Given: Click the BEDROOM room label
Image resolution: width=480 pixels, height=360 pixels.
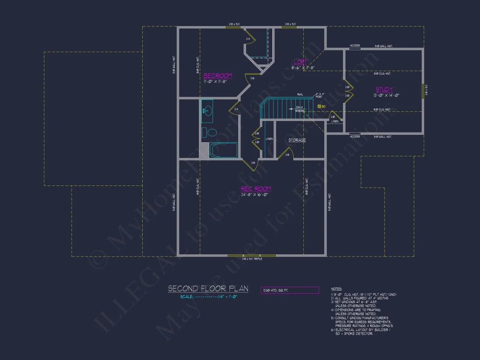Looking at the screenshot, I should (217, 75).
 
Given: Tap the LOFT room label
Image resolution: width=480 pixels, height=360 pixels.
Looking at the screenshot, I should (300, 62).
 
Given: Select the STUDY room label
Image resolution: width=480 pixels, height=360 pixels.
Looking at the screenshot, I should (384, 89).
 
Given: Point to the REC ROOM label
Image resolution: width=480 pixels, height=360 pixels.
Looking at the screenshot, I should (256, 189).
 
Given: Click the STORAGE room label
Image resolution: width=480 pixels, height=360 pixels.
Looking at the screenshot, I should (297, 140).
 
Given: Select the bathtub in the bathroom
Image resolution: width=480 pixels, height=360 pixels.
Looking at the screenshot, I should (223, 151).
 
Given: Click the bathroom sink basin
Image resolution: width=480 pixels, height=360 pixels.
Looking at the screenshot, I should (207, 110).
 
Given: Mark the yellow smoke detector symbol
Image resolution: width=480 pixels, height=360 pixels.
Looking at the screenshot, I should (319, 106).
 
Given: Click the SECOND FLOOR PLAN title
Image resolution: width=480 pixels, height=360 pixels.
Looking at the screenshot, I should (208, 288).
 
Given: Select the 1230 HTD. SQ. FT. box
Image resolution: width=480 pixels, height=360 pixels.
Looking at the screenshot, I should (290, 290).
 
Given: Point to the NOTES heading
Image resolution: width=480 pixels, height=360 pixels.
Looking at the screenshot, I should (336, 289).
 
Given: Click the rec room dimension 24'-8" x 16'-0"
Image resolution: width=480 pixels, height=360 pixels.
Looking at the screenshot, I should (256, 195).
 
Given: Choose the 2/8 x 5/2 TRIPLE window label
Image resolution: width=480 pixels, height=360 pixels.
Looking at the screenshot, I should (252, 259).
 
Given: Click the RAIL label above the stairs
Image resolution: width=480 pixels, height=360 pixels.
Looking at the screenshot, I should (300, 94).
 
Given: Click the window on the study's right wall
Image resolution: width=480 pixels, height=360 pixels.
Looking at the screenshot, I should (423, 92).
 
